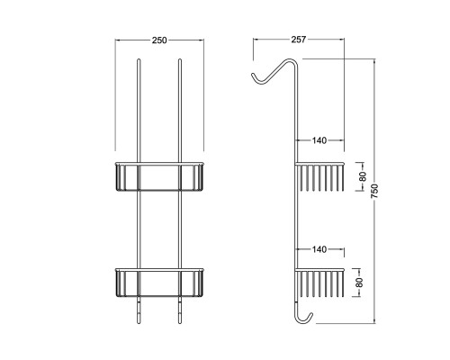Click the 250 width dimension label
click(x=159, y=40)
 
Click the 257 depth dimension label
click(x=299, y=40)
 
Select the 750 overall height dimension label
click(x=374, y=191)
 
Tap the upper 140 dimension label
click(x=319, y=140)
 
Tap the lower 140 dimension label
click(x=319, y=249)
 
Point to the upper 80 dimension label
click(x=363, y=176)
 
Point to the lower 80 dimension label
click(x=359, y=283)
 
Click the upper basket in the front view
click(x=159, y=176)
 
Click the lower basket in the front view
click(x=159, y=283)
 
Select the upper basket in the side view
click(x=319, y=177)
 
